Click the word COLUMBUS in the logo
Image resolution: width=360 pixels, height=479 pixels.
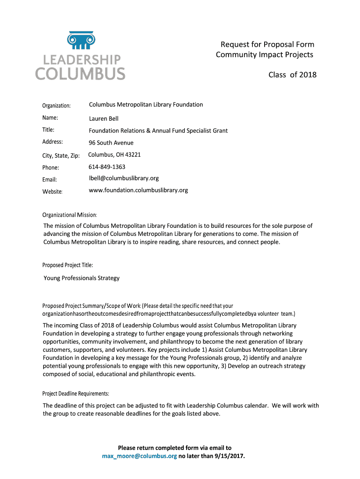point(81,74)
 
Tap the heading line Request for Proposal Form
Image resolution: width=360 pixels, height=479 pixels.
point(267,44)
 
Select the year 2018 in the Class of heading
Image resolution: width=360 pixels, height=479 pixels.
point(308,75)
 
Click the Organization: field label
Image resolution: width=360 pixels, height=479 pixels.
point(56,106)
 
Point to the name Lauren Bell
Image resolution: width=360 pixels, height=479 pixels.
point(104,119)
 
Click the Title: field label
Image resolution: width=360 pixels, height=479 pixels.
point(49,130)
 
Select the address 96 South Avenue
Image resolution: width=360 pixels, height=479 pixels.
point(111,143)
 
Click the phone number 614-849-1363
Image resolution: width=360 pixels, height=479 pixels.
point(107,167)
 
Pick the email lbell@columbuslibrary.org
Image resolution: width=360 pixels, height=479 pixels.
point(124,178)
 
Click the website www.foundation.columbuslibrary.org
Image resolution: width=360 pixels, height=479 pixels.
point(138,190)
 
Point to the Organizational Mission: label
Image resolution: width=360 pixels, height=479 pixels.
point(70,215)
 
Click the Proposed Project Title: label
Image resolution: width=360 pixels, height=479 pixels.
point(68,265)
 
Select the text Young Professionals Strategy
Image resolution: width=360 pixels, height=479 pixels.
point(81,278)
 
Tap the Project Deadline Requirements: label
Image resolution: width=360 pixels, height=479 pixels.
point(76,393)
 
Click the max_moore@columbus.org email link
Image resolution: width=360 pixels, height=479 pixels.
point(139,456)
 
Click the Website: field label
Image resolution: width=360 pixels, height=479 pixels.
point(52,191)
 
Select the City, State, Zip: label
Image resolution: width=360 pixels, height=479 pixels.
point(61,155)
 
